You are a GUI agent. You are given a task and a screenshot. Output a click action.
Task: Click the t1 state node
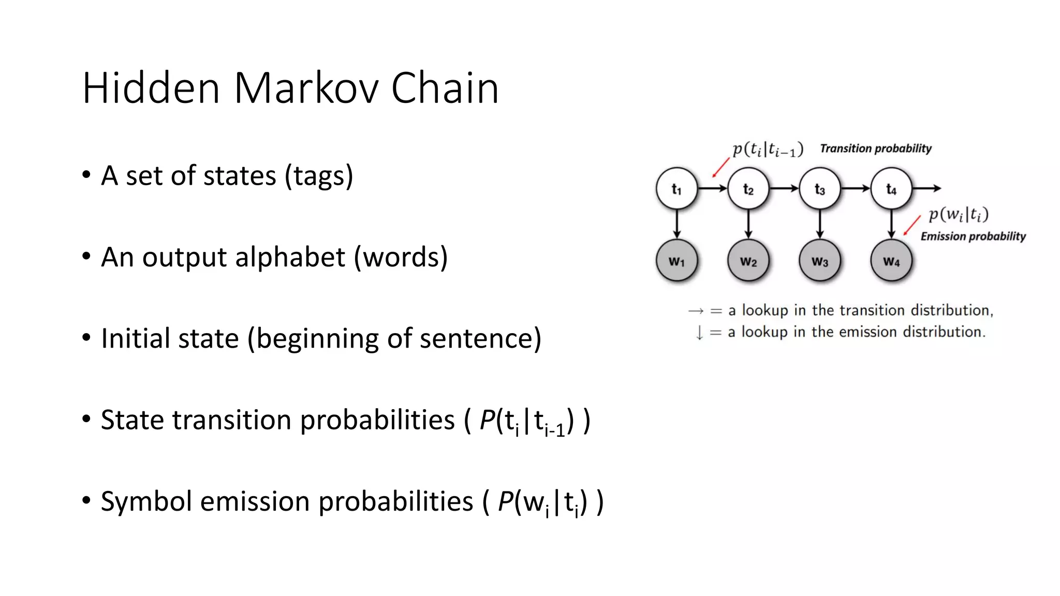pyautogui.click(x=676, y=189)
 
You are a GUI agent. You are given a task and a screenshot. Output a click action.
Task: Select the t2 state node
pyautogui.click(x=748, y=189)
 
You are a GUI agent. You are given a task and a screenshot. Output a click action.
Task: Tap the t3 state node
pyautogui.click(x=820, y=189)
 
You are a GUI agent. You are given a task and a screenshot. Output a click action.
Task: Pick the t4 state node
pyautogui.click(x=891, y=189)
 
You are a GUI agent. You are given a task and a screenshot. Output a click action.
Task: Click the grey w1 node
pyautogui.click(x=676, y=261)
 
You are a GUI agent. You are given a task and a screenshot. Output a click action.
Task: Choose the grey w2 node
pyautogui.click(x=748, y=261)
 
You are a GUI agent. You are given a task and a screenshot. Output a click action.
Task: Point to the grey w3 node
pyautogui.click(x=820, y=261)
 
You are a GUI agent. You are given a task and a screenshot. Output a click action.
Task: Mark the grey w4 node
pyautogui.click(x=891, y=261)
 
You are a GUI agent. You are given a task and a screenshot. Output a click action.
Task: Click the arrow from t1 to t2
pyautogui.click(x=713, y=189)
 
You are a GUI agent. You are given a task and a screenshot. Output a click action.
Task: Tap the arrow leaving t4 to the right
pyautogui.click(x=926, y=189)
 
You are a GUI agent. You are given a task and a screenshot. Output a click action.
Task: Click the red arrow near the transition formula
pyautogui.click(x=720, y=168)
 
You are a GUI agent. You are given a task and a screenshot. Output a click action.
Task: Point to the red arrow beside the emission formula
pyautogui.click(x=912, y=226)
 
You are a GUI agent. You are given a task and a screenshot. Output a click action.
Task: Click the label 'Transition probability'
pyautogui.click(x=876, y=149)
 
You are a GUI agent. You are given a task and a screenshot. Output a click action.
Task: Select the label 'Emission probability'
pyautogui.click(x=973, y=236)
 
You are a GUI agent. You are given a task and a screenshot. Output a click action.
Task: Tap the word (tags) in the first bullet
pyautogui.click(x=319, y=176)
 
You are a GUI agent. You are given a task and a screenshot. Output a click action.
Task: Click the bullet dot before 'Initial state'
pyautogui.click(x=86, y=337)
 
